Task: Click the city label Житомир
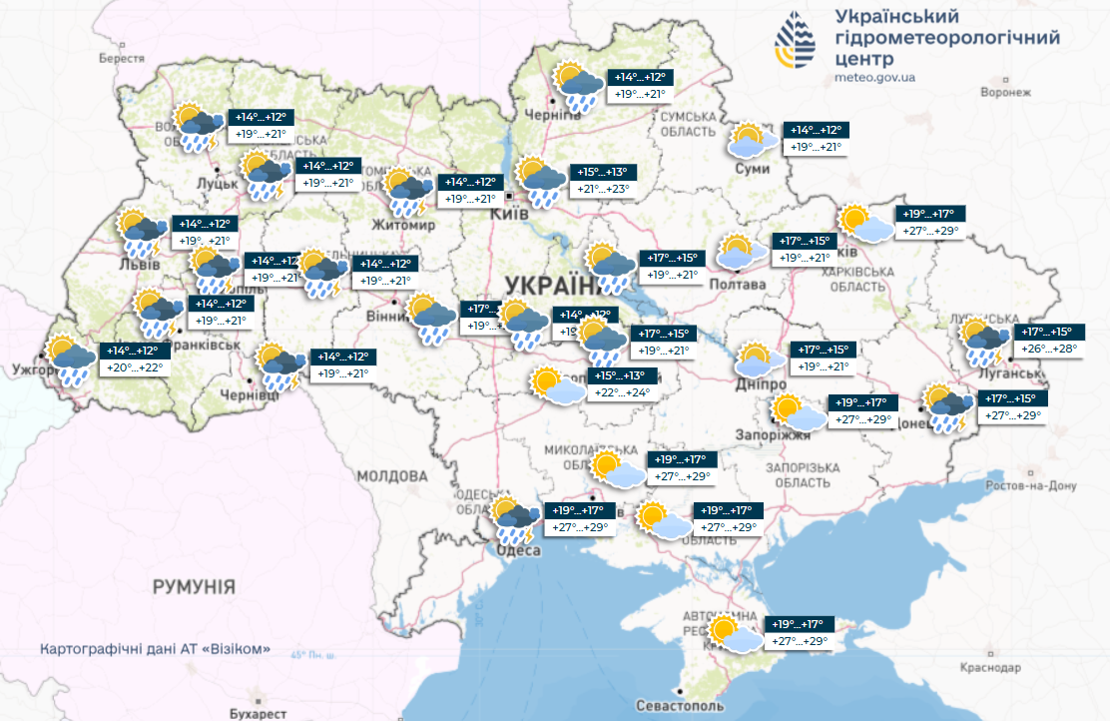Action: pos(405,226)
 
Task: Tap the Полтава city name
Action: pos(737,285)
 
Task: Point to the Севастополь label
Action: pos(681,706)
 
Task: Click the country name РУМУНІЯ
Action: pos(194,586)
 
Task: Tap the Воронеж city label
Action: pos(1004,92)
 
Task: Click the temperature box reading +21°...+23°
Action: pos(604,189)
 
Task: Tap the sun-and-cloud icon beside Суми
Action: pos(751,142)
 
